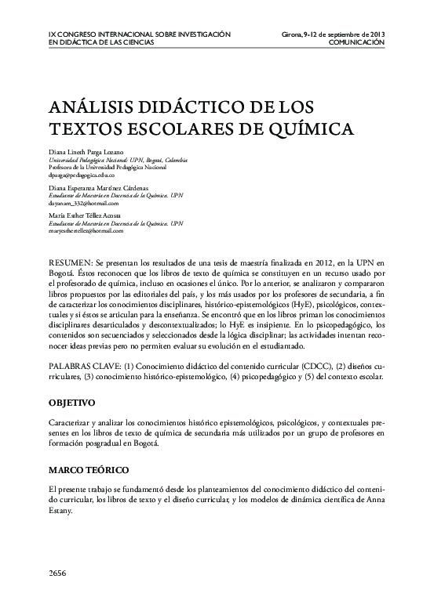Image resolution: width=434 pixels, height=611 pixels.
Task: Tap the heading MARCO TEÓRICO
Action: [88, 469]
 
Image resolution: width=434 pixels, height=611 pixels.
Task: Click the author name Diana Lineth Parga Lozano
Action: [86, 150]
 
